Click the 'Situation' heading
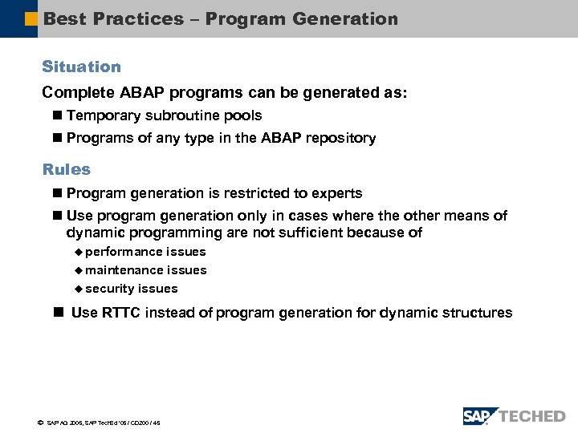pos(81,67)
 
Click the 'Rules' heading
pos(67,169)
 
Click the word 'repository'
pos(343,138)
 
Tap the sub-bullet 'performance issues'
pos(145,252)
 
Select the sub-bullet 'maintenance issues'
pos(145,270)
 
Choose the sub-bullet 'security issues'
pos(132,289)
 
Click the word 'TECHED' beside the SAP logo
pos(532,416)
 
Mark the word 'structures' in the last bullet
pos(474,313)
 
